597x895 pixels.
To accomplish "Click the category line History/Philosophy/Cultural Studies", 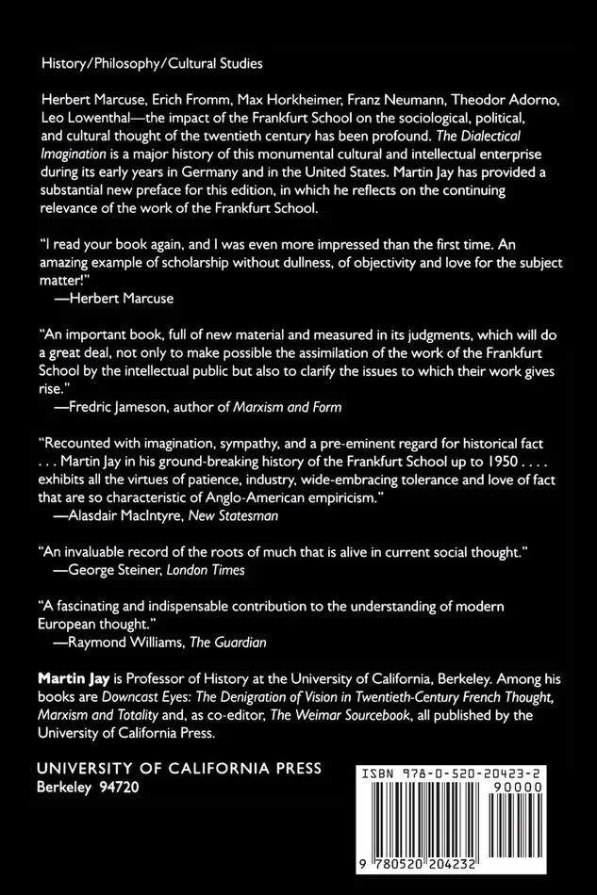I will (152, 64).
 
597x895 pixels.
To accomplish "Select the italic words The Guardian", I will (229, 643).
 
